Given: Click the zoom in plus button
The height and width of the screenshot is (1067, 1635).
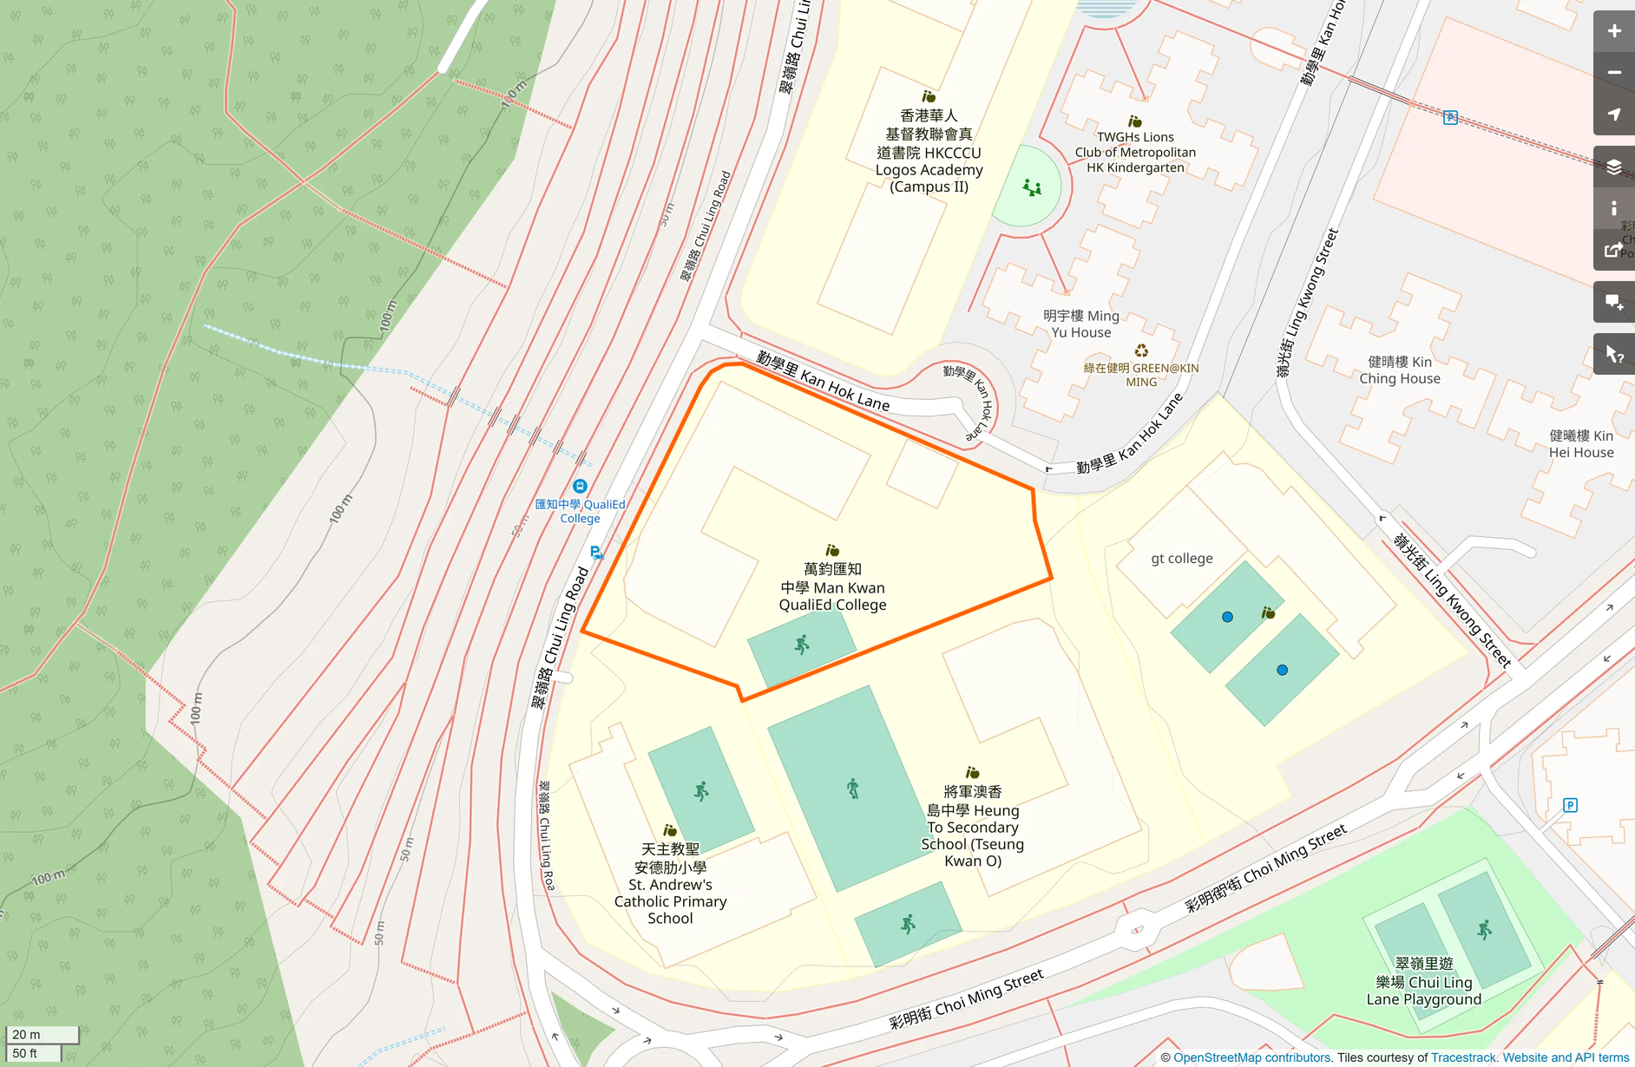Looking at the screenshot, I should (1613, 31).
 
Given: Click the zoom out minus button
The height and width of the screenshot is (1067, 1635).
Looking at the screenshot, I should (1613, 73).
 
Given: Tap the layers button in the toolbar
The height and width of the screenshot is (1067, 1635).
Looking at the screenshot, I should (1613, 167).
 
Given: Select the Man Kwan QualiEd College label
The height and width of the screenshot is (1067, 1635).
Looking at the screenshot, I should (832, 587).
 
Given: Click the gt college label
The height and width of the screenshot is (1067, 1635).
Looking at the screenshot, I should (1181, 559).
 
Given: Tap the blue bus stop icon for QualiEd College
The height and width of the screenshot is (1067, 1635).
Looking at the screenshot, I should (580, 487).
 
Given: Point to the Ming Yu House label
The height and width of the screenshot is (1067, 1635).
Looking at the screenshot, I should (1080, 324).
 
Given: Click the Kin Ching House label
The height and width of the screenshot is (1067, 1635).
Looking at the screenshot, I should (1399, 370).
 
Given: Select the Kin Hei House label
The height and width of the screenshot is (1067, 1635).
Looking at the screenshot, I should (1580, 443).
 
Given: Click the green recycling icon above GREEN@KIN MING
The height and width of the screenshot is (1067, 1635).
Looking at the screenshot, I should (1141, 350).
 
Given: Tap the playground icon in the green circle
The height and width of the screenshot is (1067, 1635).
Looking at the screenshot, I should (1031, 187).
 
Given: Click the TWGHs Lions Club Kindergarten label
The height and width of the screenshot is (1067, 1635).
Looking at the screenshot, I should (1134, 152).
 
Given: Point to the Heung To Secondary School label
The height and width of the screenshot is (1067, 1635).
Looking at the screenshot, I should (972, 826).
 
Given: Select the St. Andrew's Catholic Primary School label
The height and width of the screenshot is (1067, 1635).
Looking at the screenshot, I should (670, 883).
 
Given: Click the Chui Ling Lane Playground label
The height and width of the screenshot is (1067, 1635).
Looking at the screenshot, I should (1423, 981).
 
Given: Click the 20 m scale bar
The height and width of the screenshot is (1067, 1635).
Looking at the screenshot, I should (42, 1034).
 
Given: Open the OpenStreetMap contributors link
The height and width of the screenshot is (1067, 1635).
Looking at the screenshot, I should (1251, 1057).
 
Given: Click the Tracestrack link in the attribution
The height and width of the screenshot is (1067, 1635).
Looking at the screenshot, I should (1463, 1057).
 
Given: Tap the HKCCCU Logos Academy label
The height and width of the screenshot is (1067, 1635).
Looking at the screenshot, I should (929, 151).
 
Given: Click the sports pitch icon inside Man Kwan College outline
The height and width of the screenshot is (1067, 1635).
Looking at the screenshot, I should (802, 645).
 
